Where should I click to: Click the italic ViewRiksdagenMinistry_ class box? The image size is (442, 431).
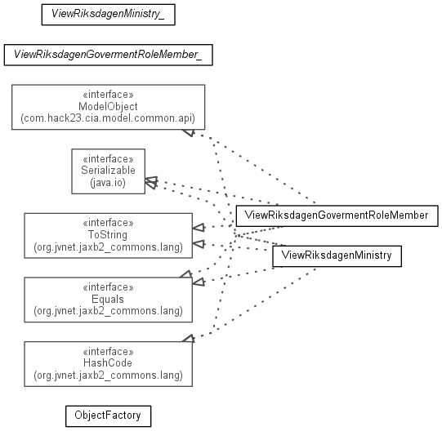pyautogui.click(x=108, y=15)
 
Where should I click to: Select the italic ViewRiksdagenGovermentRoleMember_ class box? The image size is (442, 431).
pyautogui.click(x=108, y=55)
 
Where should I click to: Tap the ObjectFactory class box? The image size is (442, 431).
pyautogui.click(x=108, y=416)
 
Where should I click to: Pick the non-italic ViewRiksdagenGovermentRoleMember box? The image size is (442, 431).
pyautogui.click(x=337, y=215)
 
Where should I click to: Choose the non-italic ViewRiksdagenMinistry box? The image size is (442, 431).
pyautogui.click(x=337, y=256)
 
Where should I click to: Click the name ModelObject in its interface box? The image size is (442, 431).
pyautogui.click(x=108, y=106)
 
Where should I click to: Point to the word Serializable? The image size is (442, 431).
pyautogui.click(x=108, y=170)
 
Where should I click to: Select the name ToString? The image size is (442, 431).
pyautogui.click(x=108, y=234)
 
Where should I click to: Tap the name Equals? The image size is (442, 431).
pyautogui.click(x=108, y=299)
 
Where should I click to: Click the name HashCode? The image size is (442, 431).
pyautogui.click(x=108, y=362)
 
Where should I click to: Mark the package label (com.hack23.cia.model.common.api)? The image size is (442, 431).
pyautogui.click(x=108, y=118)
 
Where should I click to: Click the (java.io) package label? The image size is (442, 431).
pyautogui.click(x=108, y=183)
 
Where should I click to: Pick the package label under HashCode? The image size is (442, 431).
pyautogui.click(x=108, y=375)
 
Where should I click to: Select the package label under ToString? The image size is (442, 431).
pyautogui.click(x=108, y=247)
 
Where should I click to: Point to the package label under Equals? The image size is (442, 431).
pyautogui.click(x=108, y=311)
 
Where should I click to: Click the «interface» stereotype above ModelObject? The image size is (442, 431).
pyautogui.click(x=108, y=95)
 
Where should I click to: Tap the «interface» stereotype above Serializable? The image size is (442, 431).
pyautogui.click(x=108, y=159)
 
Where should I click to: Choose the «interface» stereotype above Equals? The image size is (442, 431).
pyautogui.click(x=108, y=287)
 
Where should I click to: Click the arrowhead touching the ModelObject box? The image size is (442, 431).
pyautogui.click(x=189, y=132)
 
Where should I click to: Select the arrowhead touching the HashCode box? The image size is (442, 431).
pyautogui.click(x=189, y=338)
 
